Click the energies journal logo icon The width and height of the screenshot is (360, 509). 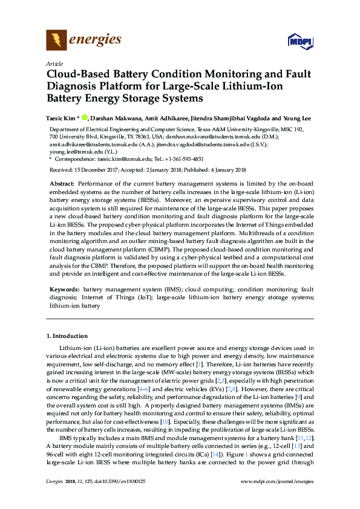click(x=56, y=40)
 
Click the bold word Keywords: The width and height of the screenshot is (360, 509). click(x=64, y=290)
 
